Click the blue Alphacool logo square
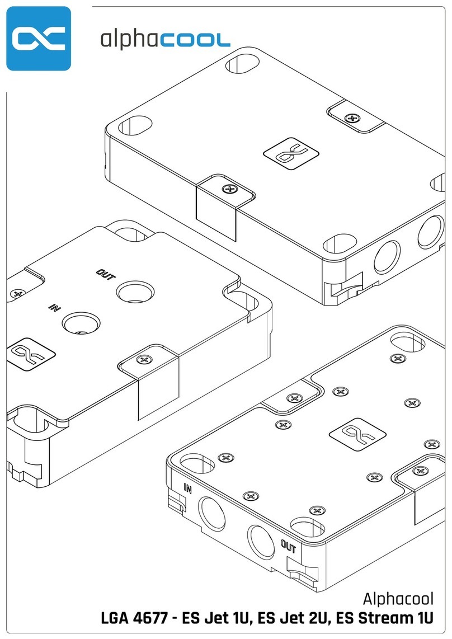(39, 38)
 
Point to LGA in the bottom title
(115, 618)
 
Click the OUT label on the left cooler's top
(106, 275)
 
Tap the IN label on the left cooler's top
(55, 307)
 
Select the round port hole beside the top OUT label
(135, 291)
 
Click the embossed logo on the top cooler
(291, 153)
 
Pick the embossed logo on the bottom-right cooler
(357, 434)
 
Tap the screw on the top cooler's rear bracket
(352, 118)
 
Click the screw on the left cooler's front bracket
(144, 359)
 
